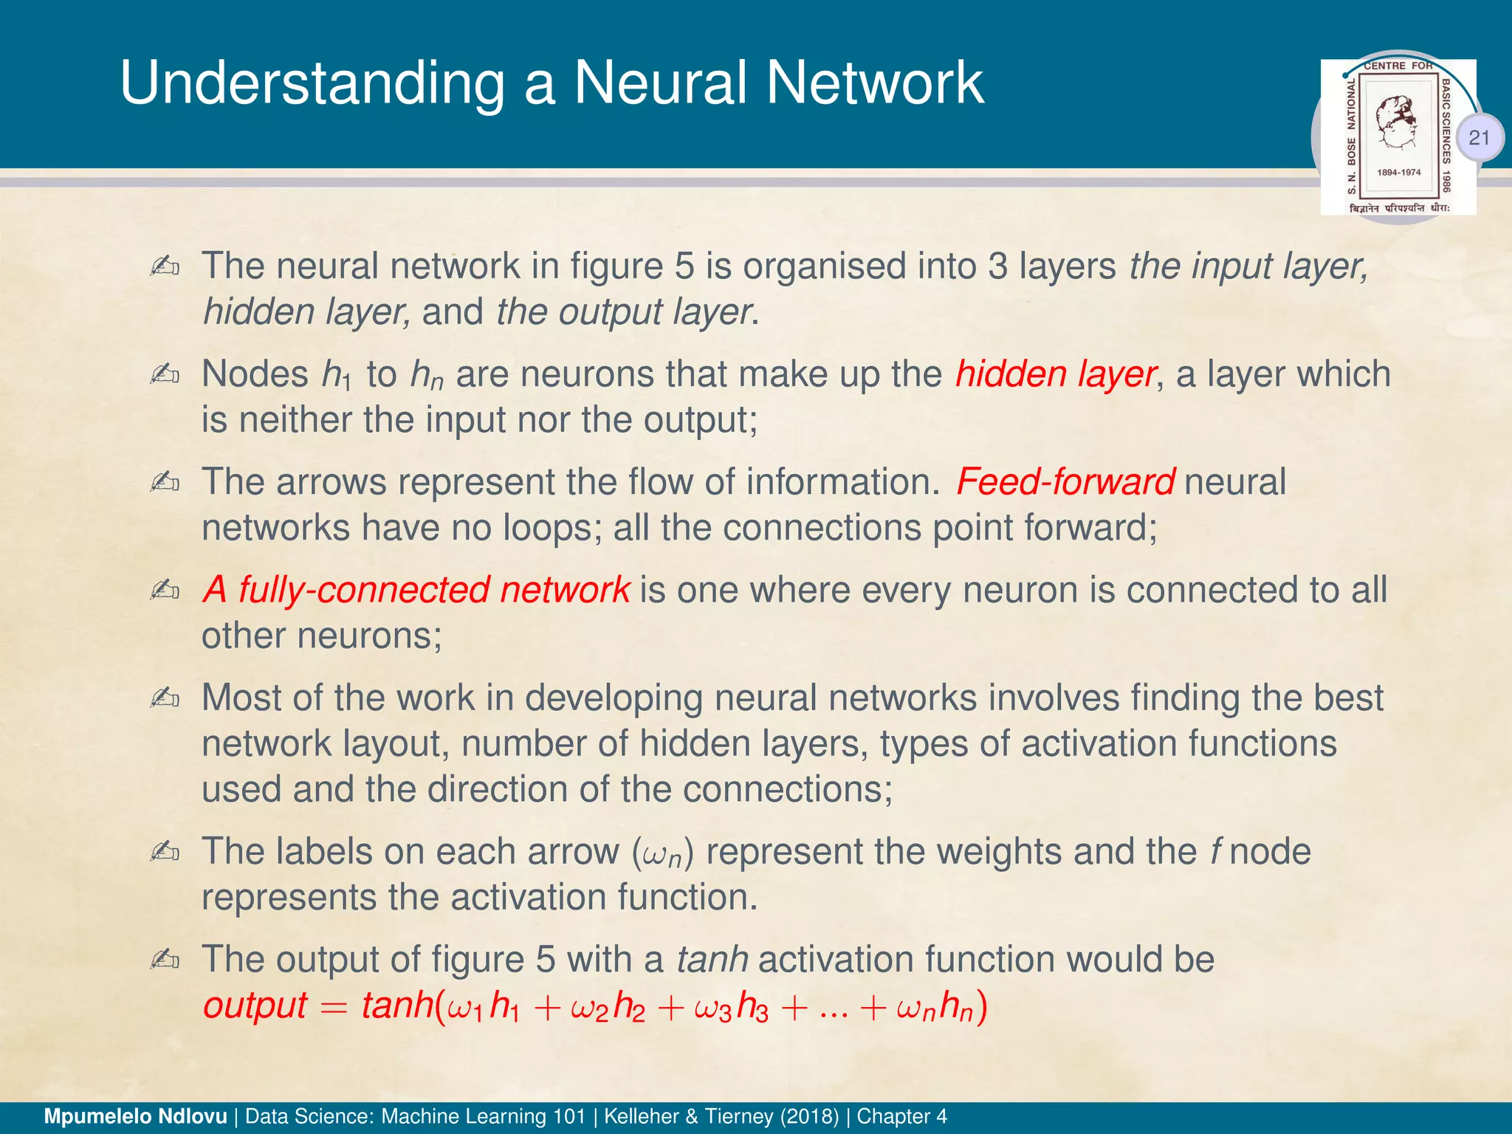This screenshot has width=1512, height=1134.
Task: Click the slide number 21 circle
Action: coord(1479,137)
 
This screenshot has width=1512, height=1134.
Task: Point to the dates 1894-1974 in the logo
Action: coord(1399,172)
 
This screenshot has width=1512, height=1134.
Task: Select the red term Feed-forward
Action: coord(1065,482)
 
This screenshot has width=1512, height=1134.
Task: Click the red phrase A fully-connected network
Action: coord(416,590)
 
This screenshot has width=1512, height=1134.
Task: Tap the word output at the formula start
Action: coord(255,1006)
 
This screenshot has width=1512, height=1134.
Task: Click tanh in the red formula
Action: coord(396,1006)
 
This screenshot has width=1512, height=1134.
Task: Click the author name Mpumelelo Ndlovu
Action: coord(135,1116)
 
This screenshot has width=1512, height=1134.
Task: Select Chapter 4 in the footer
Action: coord(901,1116)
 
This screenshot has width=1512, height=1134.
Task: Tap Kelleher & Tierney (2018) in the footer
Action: coord(721,1116)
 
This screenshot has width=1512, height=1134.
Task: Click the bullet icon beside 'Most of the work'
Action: coord(165,698)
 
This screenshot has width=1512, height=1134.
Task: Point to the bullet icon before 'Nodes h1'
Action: coord(165,374)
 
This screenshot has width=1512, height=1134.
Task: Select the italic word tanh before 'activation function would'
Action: coord(712,960)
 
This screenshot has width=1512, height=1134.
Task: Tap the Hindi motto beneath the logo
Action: coord(1399,209)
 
